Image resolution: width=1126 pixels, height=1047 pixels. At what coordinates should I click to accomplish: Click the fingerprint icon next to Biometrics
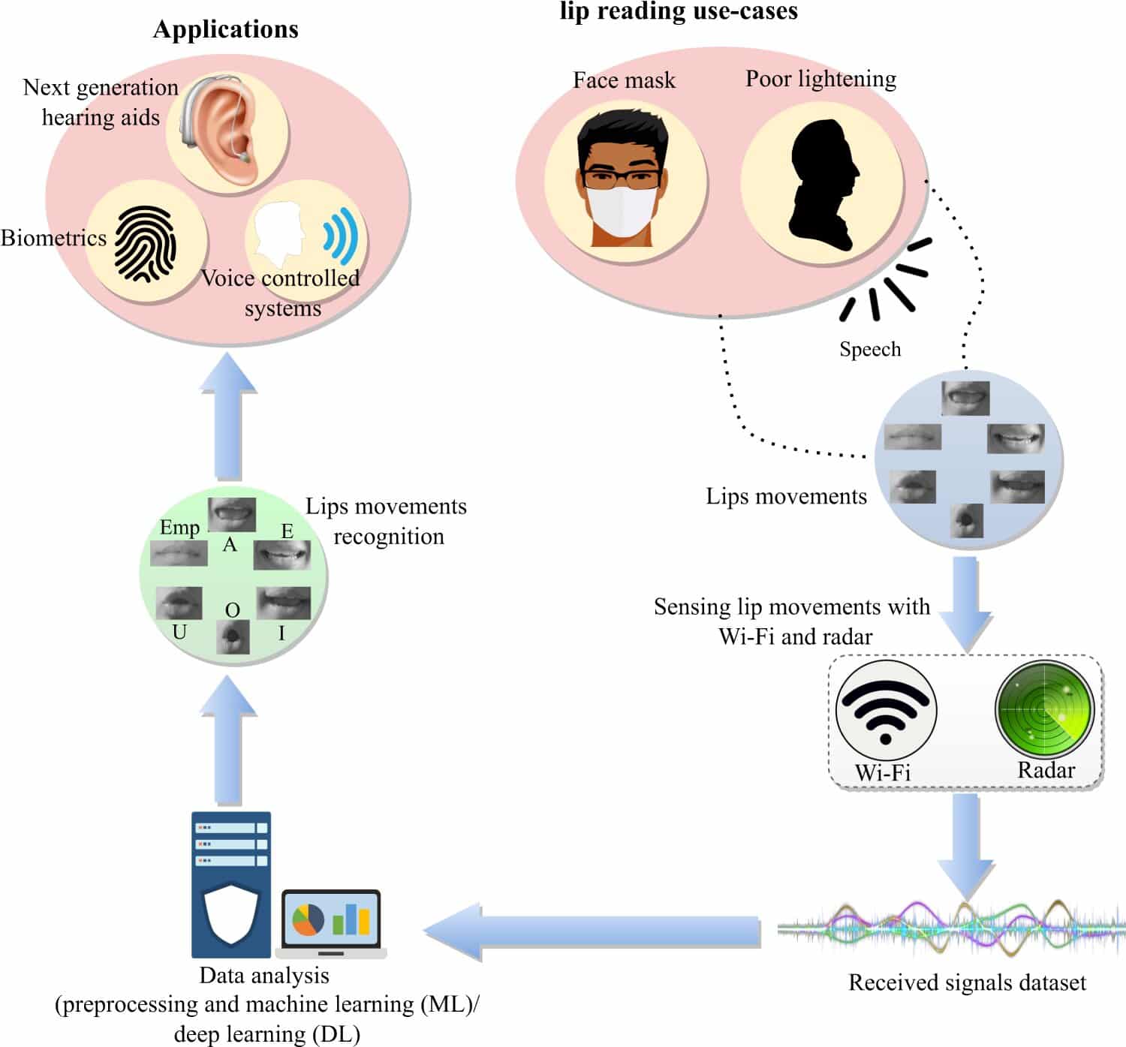[145, 245]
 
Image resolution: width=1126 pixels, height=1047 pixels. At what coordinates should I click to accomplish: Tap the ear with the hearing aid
[222, 132]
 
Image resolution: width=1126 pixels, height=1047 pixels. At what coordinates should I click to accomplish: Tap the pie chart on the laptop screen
[308, 919]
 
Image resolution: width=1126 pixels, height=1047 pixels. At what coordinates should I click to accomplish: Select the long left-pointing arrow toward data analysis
[592, 931]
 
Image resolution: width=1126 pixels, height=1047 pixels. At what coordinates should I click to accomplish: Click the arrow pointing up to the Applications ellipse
[228, 417]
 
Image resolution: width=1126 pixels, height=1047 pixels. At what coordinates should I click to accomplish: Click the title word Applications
[226, 29]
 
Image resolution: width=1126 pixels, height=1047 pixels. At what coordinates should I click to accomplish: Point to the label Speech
[870, 349]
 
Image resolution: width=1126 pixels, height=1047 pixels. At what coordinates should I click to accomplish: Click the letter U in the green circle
[179, 631]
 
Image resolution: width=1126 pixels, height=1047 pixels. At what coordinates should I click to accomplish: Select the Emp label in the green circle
[179, 528]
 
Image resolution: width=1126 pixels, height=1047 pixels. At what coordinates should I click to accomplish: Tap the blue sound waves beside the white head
[340, 236]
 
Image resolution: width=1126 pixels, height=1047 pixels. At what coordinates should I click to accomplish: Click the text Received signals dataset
[968, 983]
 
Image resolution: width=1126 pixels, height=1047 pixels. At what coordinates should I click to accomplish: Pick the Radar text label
[1046, 770]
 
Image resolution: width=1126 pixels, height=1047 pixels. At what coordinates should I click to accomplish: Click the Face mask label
[625, 80]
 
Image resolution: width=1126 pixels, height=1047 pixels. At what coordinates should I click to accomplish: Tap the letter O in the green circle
[233, 610]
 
